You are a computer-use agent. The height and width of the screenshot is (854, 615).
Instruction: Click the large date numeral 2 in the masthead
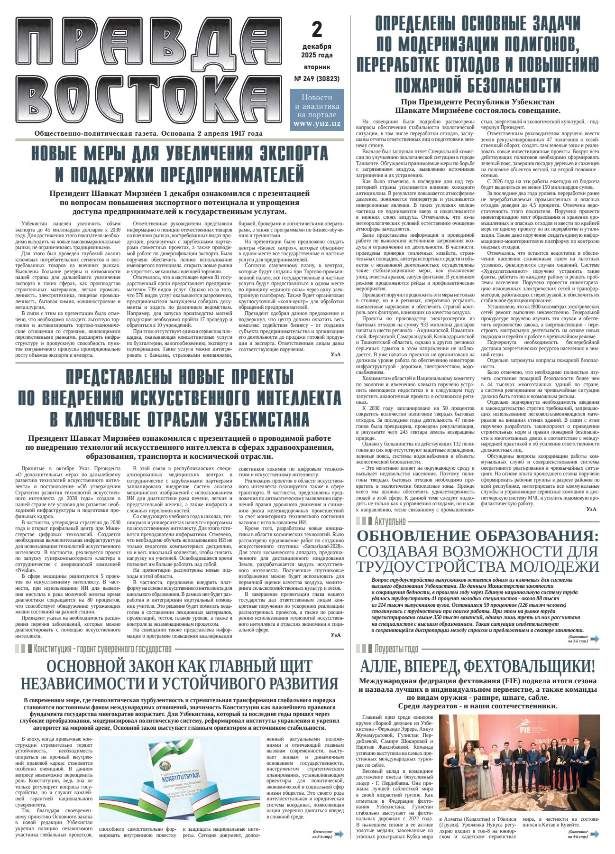(x=317, y=30)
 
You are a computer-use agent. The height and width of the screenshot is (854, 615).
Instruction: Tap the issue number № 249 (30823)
(x=317, y=79)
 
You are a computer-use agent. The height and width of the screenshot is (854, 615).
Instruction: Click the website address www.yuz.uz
(x=317, y=123)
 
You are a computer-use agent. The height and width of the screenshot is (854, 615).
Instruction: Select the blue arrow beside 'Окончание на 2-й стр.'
(x=594, y=639)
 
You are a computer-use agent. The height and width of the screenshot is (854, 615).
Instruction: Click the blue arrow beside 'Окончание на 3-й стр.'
(x=339, y=833)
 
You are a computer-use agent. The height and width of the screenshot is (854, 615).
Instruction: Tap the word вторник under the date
(x=317, y=67)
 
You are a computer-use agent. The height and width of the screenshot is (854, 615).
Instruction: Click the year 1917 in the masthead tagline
(x=235, y=134)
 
